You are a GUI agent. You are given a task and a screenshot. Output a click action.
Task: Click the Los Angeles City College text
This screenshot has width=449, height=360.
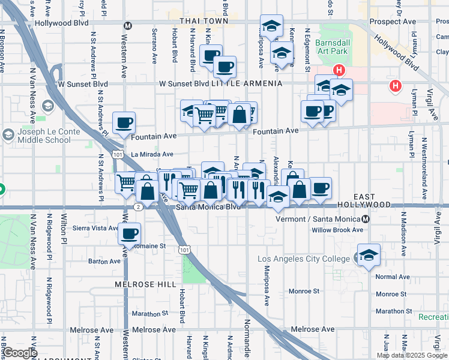(x=304, y=259)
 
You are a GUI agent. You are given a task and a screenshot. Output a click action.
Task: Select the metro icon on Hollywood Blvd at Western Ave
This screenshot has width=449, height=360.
(x=127, y=26)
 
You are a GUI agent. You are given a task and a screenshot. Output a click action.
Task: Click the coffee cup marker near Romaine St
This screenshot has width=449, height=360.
(x=129, y=233)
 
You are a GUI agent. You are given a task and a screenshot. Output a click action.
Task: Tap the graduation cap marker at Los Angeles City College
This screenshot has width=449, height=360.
(x=369, y=254)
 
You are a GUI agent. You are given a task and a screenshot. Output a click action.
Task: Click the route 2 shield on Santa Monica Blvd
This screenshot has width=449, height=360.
(x=139, y=207)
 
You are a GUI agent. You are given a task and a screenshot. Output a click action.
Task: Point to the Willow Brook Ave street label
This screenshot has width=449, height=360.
(x=337, y=230)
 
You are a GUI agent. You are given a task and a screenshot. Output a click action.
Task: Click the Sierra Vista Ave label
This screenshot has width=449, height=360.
(x=95, y=228)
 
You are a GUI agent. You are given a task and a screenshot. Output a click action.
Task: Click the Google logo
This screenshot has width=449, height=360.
(x=19, y=353)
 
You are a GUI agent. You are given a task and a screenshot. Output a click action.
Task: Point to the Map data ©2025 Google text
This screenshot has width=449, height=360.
(x=411, y=355)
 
